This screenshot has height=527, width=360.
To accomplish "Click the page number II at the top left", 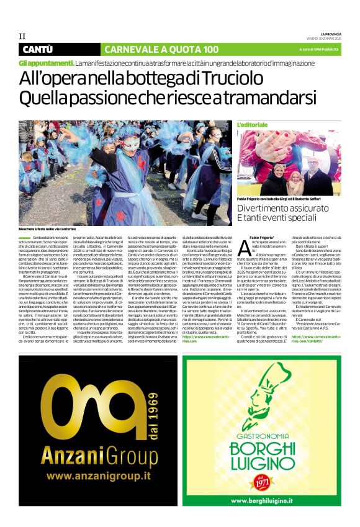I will (22, 36).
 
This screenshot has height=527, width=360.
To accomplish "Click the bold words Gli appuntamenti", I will (46, 63).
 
